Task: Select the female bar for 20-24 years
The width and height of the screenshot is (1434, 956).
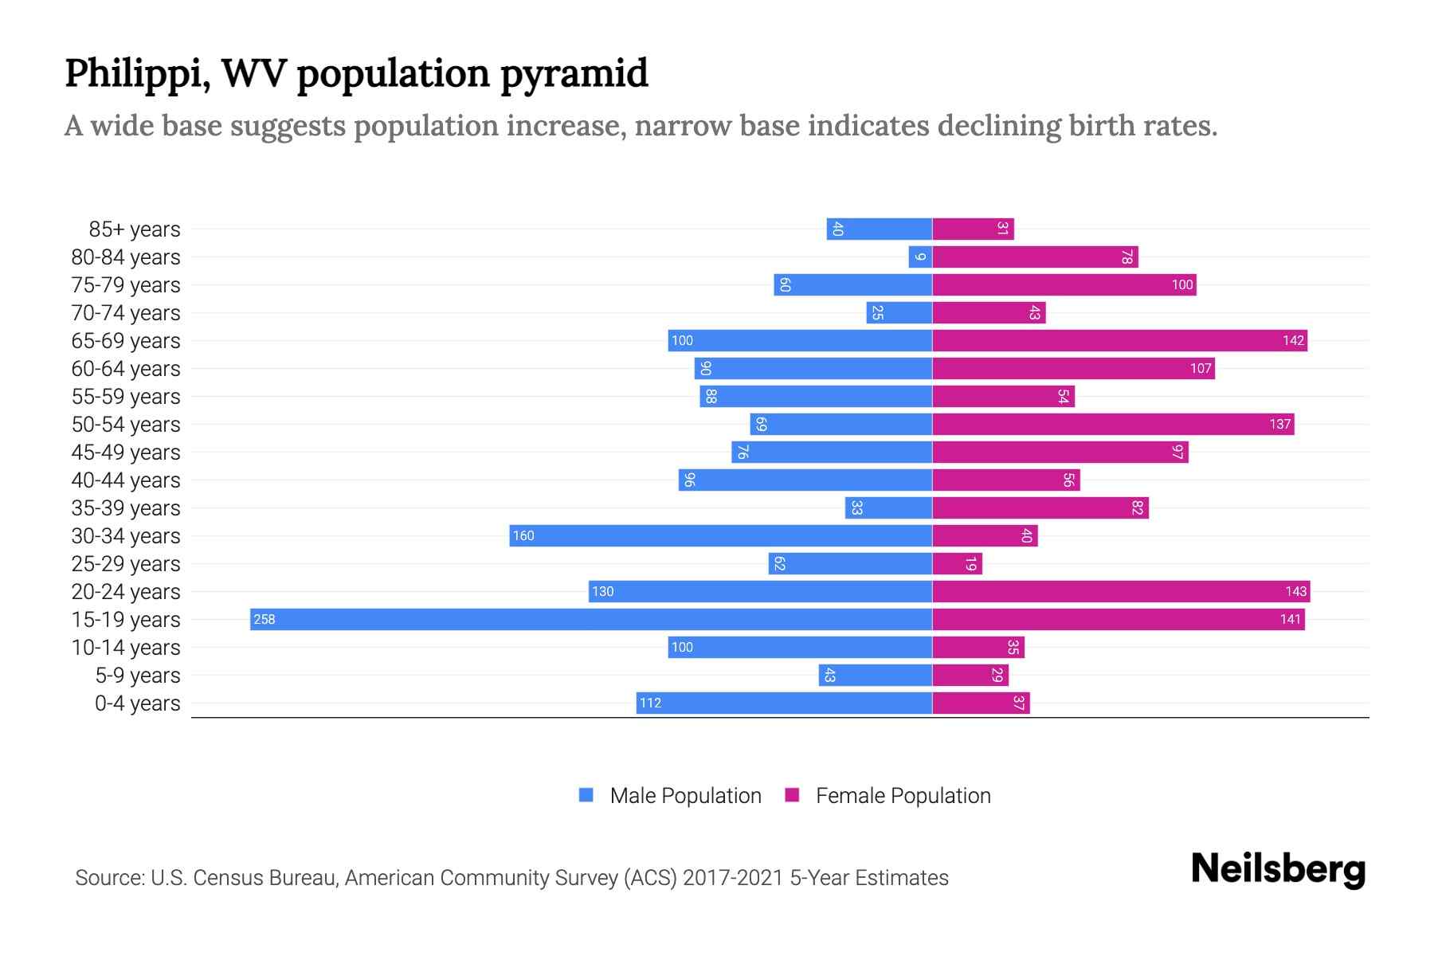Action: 1121,592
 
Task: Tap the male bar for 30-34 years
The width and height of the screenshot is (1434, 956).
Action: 721,536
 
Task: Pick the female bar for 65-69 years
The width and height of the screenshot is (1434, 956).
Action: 1119,341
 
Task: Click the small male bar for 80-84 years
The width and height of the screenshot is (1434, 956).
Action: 920,257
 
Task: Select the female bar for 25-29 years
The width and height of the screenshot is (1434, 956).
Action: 957,564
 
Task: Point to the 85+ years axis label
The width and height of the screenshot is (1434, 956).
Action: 135,229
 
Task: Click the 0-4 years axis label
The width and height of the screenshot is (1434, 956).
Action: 137,703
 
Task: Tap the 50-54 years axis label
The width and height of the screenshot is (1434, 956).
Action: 126,425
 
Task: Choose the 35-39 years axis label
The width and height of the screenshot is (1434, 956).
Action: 126,508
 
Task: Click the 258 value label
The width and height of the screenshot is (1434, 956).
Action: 264,620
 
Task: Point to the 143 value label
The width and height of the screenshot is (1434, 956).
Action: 1295,592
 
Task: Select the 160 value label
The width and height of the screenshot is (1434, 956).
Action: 523,536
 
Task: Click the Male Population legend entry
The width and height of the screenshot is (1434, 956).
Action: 685,796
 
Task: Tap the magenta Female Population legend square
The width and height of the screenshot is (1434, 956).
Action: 792,795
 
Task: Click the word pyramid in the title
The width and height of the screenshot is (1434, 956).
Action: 574,74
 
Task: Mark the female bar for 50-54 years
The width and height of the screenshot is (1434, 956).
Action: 1113,425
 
